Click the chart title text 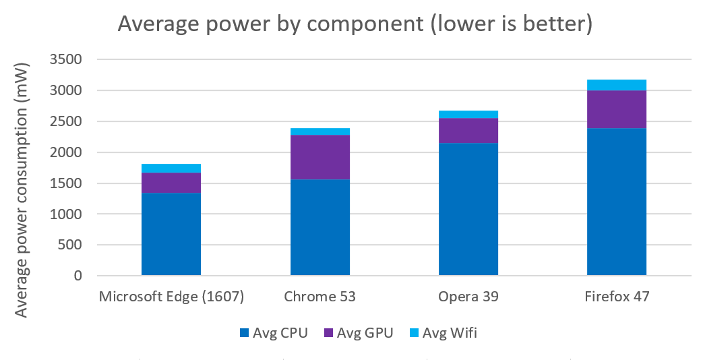[x=355, y=24]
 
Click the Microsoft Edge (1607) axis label [x=171, y=297]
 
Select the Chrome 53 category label [x=319, y=297]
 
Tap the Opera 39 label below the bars [x=468, y=297]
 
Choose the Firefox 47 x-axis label [x=617, y=297]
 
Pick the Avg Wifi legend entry [x=443, y=333]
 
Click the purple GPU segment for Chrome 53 [x=319, y=157]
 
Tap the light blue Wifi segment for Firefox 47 [x=617, y=85]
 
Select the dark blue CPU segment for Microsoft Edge [x=171, y=234]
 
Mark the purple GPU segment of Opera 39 [x=468, y=130]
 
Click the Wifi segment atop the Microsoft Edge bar [x=171, y=168]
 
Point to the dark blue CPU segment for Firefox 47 [x=617, y=202]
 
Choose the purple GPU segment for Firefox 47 [x=617, y=109]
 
